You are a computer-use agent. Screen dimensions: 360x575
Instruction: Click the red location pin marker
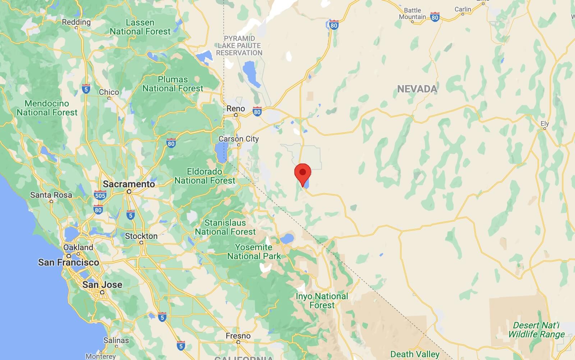pyautogui.click(x=303, y=174)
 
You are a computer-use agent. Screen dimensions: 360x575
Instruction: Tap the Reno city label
pyautogui.click(x=236, y=109)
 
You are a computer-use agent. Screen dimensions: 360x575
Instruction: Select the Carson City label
pyautogui.click(x=239, y=139)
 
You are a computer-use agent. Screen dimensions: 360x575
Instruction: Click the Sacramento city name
pyautogui.click(x=129, y=184)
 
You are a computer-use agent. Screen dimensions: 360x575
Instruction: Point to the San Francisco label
pyautogui.click(x=68, y=262)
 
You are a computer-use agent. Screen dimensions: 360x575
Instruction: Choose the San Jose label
pyautogui.click(x=102, y=285)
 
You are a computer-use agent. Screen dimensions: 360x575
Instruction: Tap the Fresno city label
pyautogui.click(x=238, y=336)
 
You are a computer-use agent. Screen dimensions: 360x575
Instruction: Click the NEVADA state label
pyautogui.click(x=417, y=89)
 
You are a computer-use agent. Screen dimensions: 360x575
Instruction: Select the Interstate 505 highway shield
pyautogui.click(x=100, y=195)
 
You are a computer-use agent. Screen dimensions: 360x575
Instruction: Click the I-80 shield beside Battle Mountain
pyautogui.click(x=435, y=17)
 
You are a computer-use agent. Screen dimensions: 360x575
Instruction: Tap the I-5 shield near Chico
pyautogui.click(x=86, y=89)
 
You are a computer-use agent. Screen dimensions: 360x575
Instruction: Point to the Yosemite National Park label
pyautogui.click(x=254, y=251)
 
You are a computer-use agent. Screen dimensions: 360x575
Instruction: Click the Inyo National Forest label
pyautogui.click(x=322, y=301)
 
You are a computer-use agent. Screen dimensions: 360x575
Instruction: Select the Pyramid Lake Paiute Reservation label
pyautogui.click(x=239, y=46)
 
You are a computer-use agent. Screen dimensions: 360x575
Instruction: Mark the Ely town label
pyautogui.click(x=545, y=124)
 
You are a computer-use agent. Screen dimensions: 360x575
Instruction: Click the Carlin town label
pyautogui.click(x=463, y=9)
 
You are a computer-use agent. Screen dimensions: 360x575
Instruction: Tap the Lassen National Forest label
pyautogui.click(x=140, y=27)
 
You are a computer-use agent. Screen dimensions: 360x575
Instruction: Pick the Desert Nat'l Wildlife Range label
pyautogui.click(x=536, y=330)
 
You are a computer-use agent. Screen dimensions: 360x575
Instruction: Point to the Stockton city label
pyautogui.click(x=141, y=236)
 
